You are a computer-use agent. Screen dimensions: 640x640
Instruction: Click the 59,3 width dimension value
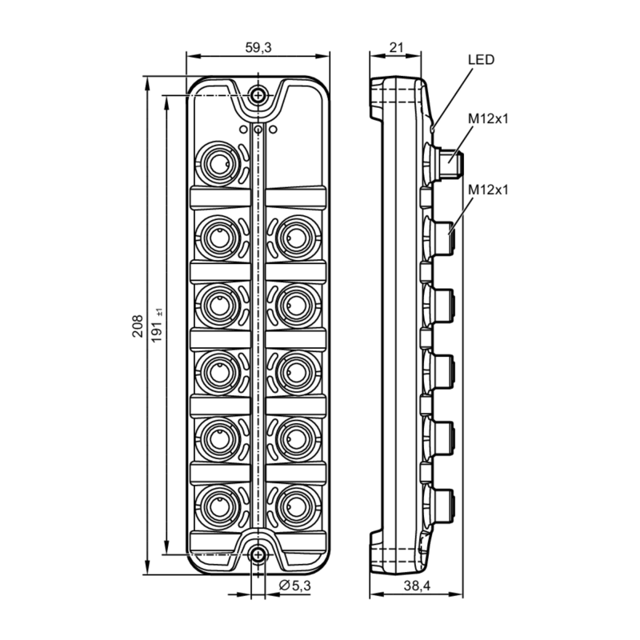coord(258,47)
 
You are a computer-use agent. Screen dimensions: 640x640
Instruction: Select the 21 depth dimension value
coord(394,47)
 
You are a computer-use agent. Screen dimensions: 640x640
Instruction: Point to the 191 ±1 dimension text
coord(158,326)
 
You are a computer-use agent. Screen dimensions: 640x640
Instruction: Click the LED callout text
coord(482,60)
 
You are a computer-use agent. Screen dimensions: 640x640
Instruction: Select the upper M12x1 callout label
coord(489,119)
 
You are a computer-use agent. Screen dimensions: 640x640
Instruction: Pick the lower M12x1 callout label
coord(489,190)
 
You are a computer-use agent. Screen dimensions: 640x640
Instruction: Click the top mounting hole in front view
coord(258,95)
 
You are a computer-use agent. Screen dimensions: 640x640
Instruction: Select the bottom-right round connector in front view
coord(296,505)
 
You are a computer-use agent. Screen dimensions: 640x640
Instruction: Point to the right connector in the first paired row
coord(296,233)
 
